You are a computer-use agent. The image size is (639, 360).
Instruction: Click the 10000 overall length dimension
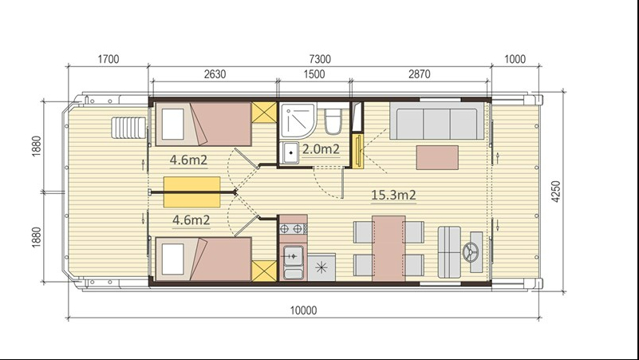(303, 311)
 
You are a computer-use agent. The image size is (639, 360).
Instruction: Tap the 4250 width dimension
(556, 192)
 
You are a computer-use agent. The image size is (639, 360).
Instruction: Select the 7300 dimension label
(320, 59)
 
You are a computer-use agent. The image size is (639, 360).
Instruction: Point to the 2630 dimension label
(215, 74)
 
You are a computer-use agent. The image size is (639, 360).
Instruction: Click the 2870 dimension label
(420, 74)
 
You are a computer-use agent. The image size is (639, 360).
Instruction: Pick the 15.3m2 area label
(393, 195)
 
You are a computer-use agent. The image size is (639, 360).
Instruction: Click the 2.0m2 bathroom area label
(321, 149)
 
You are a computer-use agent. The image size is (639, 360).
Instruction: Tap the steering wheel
(471, 251)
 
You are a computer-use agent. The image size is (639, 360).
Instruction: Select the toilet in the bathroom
(333, 121)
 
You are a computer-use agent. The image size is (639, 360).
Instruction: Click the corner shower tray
(298, 120)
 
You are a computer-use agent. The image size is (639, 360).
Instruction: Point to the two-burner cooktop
(293, 229)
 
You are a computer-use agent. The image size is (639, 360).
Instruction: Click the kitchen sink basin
(293, 256)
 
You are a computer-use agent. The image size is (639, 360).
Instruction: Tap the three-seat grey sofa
(437, 121)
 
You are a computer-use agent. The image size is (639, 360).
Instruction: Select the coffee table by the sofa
(437, 157)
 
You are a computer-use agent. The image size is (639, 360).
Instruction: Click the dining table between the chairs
(389, 248)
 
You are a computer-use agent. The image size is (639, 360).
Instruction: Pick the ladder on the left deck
(128, 128)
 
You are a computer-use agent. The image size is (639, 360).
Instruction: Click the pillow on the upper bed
(173, 124)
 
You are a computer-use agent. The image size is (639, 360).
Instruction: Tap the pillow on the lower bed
(173, 259)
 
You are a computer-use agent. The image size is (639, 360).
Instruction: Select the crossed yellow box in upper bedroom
(264, 112)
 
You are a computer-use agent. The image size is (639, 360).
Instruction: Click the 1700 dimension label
(108, 59)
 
